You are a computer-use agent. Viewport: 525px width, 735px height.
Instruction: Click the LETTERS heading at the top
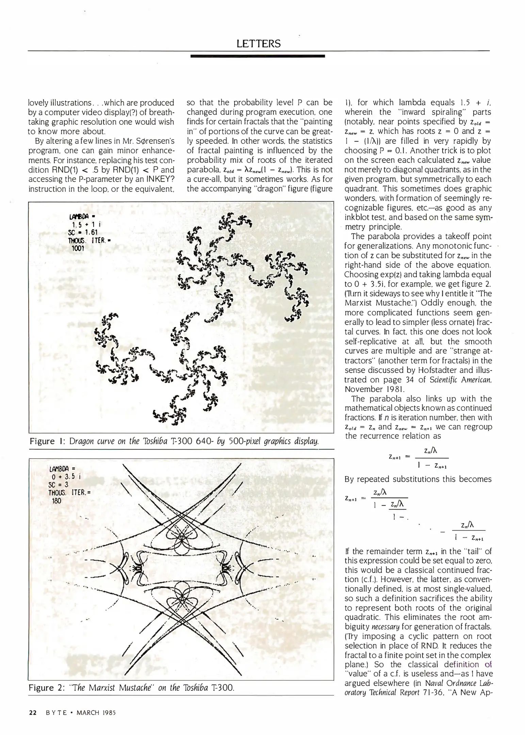click(259, 44)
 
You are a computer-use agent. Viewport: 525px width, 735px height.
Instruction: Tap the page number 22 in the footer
click(33, 713)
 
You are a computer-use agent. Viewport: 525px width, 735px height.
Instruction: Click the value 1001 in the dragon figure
click(78, 248)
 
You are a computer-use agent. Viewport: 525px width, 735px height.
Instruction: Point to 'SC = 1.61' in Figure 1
click(83, 232)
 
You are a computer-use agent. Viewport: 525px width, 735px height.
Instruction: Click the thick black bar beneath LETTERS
click(258, 56)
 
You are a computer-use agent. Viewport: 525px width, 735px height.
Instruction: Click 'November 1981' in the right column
click(368, 389)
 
